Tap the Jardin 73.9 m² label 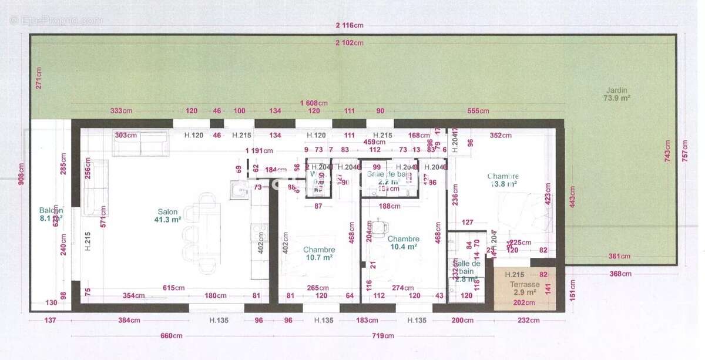click(x=616, y=95)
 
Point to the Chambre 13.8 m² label click(x=502, y=180)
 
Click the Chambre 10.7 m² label click(x=319, y=253)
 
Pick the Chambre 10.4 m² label click(x=403, y=243)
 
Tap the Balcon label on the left click(x=51, y=214)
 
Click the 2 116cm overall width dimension click(x=350, y=25)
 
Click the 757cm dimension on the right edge click(x=684, y=152)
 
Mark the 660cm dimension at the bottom click(x=172, y=336)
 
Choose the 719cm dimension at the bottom click(x=382, y=336)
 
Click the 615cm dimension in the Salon click(x=174, y=288)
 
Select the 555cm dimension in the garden click(x=478, y=111)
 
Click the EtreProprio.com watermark click(x=56, y=20)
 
